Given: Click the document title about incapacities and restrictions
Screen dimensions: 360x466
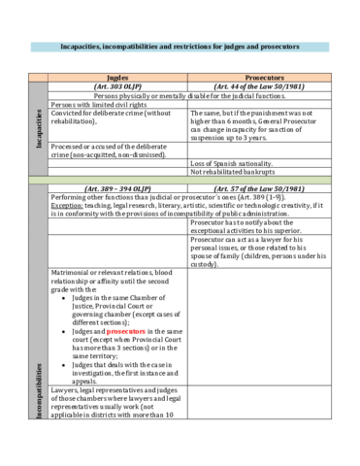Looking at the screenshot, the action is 180,46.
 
